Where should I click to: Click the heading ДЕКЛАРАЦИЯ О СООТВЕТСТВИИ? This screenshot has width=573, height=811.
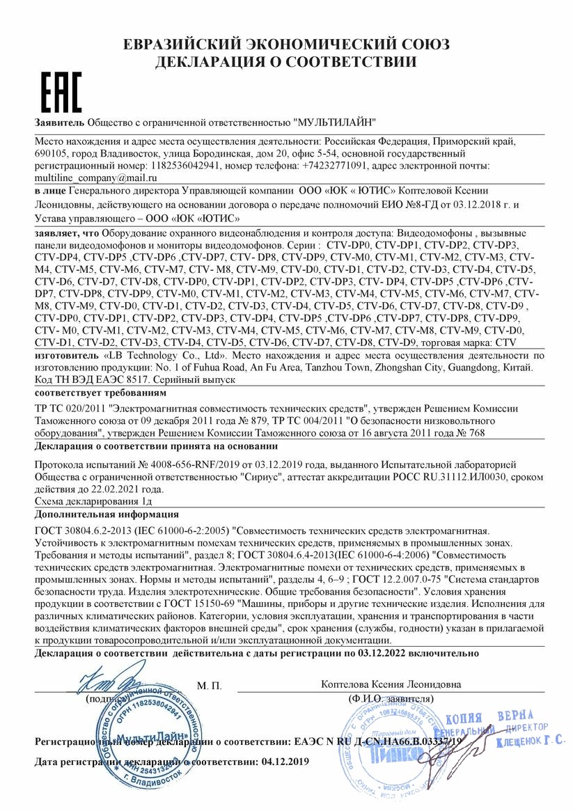tap(286, 62)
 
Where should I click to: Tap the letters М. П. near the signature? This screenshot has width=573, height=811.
tap(209, 686)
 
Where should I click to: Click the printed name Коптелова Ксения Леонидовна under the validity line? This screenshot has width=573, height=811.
tap(391, 684)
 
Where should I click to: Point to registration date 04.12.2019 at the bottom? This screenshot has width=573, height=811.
tap(283, 762)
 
